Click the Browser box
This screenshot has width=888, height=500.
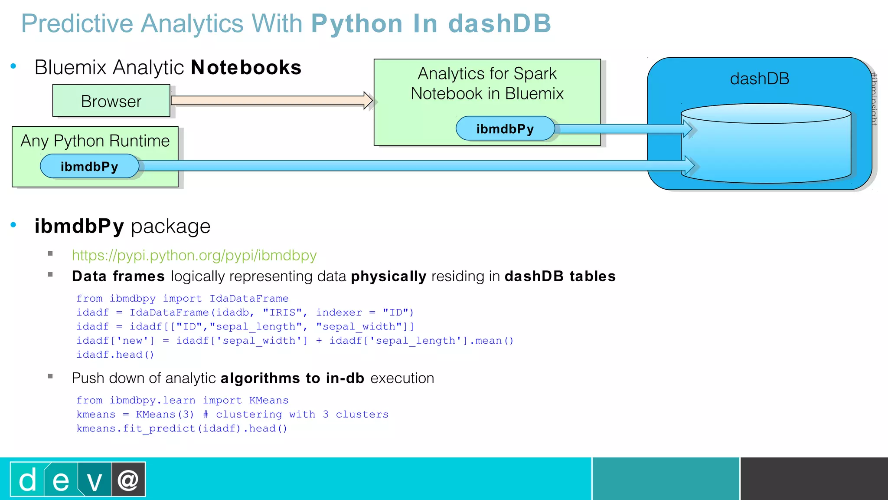tap(111, 101)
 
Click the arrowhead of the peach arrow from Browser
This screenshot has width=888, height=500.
tap(368, 100)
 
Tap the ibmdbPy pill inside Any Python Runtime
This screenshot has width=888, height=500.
tap(89, 166)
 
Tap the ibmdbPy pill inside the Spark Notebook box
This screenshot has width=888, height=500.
tap(505, 128)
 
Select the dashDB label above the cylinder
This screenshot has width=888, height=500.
tap(759, 79)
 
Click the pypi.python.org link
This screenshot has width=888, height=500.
tap(194, 255)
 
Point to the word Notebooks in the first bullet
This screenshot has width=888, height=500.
tap(246, 68)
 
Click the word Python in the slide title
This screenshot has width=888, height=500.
tap(357, 23)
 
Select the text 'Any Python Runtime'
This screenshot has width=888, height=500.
tap(95, 141)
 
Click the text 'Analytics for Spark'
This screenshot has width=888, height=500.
tap(487, 73)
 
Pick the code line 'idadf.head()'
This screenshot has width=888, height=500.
tap(115, 355)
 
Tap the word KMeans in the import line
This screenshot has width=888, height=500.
tap(268, 400)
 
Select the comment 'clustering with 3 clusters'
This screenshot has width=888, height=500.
tap(302, 414)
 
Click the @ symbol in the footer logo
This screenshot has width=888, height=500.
tap(128, 480)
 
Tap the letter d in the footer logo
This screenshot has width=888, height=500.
tap(28, 480)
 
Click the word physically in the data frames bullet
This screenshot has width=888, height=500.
tap(388, 276)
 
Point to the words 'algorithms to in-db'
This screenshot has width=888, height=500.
tap(292, 378)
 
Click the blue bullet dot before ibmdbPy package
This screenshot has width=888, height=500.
tap(13, 225)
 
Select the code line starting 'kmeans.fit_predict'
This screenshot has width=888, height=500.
tap(182, 429)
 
